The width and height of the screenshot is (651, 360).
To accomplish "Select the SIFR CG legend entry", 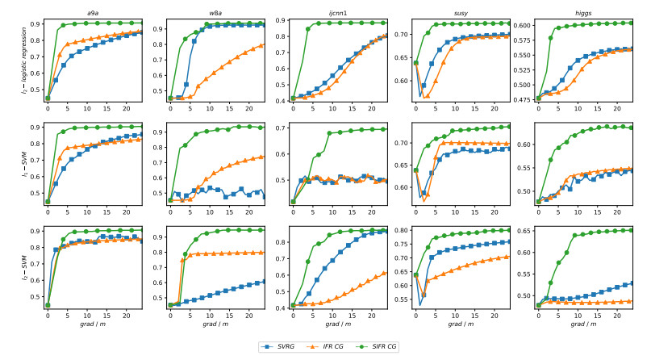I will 381,346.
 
